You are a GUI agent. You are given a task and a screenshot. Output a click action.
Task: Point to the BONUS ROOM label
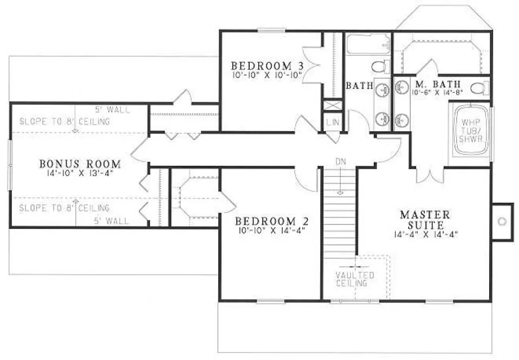pyautogui.click(x=80, y=163)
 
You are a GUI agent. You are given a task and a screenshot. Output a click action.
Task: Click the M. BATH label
pyautogui.click(x=438, y=84)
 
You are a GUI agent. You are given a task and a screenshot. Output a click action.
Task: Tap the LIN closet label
pyautogui.click(x=332, y=123)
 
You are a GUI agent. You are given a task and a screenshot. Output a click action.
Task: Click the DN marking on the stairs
pyautogui.click(x=340, y=162)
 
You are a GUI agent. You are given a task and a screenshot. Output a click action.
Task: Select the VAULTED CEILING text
pyautogui.click(x=354, y=279)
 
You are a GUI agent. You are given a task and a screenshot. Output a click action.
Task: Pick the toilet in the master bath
pyautogui.click(x=478, y=88)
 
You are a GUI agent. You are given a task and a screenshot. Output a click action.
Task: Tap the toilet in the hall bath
pyautogui.click(x=381, y=67)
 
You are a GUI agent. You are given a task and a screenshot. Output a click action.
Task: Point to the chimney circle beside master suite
pyautogui.click(x=502, y=221)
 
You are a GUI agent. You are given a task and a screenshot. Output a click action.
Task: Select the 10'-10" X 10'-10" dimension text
pyautogui.click(x=267, y=75)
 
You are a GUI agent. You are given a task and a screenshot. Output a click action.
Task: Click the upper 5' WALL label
pyautogui.click(x=113, y=110)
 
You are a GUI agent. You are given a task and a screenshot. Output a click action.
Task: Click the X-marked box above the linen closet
pyautogui.click(x=332, y=106)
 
